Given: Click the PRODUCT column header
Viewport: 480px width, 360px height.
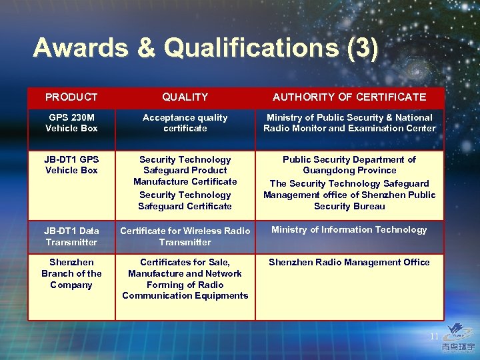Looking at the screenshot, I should pyautogui.click(x=71, y=97).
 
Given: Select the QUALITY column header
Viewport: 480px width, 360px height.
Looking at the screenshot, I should pyautogui.click(x=185, y=97).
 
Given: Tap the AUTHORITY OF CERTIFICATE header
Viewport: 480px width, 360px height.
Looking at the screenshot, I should pyautogui.click(x=349, y=97).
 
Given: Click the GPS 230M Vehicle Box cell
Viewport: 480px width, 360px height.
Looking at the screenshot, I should pyautogui.click(x=71, y=123).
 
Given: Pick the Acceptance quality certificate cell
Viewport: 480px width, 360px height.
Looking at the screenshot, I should pyautogui.click(x=185, y=123).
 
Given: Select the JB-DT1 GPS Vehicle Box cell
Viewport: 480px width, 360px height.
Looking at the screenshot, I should pyautogui.click(x=71, y=165).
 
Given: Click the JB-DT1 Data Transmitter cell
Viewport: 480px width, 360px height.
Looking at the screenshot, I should pyautogui.click(x=71, y=237).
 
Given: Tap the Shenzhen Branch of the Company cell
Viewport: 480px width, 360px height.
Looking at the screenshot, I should pyautogui.click(x=71, y=273).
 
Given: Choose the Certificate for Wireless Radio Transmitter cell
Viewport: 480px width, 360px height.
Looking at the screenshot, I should pyautogui.click(x=185, y=237).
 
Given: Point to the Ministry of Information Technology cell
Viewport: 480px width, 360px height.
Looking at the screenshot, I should pyautogui.click(x=349, y=230).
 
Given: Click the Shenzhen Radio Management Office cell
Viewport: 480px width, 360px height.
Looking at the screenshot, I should pyautogui.click(x=349, y=263).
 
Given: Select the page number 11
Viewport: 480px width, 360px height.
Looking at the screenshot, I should pyautogui.click(x=434, y=337).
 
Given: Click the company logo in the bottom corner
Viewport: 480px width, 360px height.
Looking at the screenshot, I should pyautogui.click(x=461, y=337).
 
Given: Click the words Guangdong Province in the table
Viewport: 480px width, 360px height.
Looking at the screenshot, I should pyautogui.click(x=349, y=171).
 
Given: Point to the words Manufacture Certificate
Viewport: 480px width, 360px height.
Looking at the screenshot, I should pyautogui.click(x=185, y=182).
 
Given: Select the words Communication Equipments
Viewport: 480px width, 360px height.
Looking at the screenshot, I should pyautogui.click(x=185, y=296).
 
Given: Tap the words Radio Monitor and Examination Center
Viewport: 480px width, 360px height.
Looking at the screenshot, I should pyautogui.click(x=349, y=129).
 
